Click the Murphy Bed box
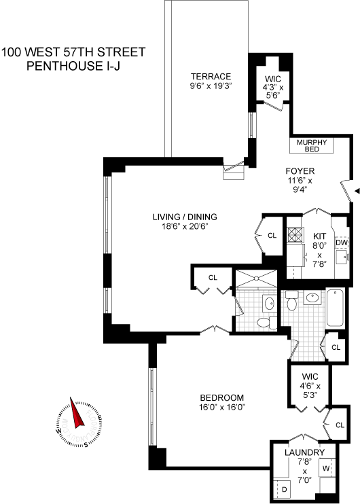pos(311,145)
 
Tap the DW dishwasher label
pos(342,242)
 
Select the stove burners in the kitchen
pos(295,234)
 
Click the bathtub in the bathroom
pos(335,308)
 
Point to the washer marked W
pos(327,468)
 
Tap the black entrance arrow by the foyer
pos(357,192)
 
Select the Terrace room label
pos(211,77)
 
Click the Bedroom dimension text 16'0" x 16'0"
pos(222,408)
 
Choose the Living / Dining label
pos(185,217)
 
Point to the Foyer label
pos(300,171)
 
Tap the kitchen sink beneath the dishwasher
pos(342,257)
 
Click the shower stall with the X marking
pos(256,278)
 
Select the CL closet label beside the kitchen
pos(272,236)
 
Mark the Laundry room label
pos(304,452)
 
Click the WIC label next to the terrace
pos(273,79)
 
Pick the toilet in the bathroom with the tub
pos(291,301)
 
